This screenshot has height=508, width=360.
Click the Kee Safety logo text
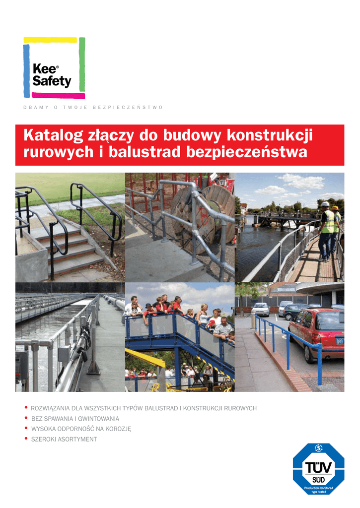(x=51, y=75)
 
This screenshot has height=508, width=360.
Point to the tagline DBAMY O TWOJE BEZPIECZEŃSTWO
(x=93, y=108)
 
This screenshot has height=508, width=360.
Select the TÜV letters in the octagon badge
(x=318, y=468)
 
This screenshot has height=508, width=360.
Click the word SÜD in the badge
(x=318, y=480)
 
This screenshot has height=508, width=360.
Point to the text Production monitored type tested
(x=318, y=490)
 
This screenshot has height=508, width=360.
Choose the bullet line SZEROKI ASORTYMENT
(x=64, y=440)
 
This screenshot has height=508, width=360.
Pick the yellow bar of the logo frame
(x=51, y=40)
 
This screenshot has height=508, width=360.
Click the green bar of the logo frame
(x=82, y=64)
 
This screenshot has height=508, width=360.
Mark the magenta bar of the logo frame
(x=55, y=95)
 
